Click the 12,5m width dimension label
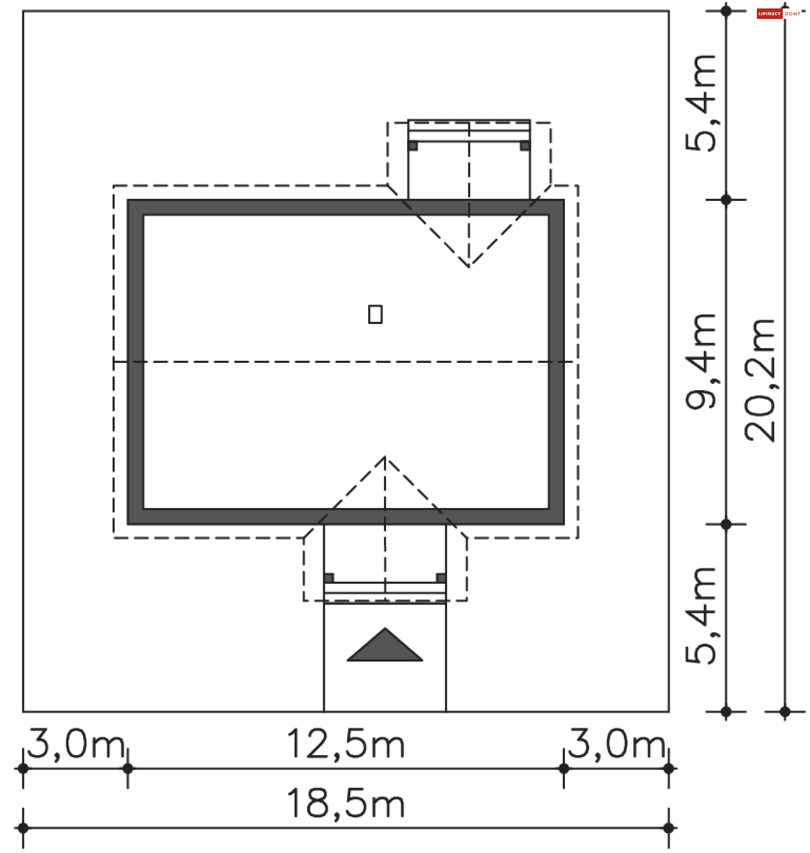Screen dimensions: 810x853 [x=346, y=743]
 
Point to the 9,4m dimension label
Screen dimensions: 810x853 [x=700, y=361]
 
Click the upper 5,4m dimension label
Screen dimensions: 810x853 [x=700, y=103]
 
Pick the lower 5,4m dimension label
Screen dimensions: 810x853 [x=700, y=615]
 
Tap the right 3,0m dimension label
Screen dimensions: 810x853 [x=616, y=743]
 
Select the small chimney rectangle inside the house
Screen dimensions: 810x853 [x=375, y=314]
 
